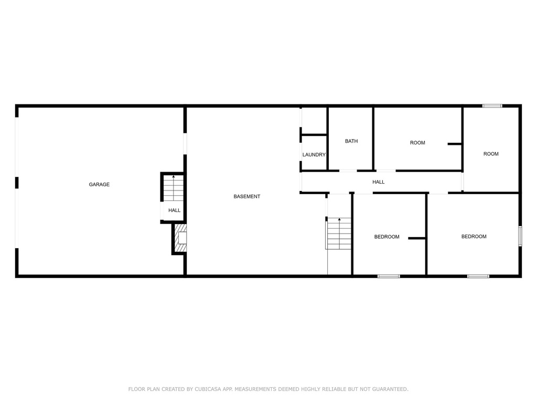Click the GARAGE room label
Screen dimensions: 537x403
[x=99, y=184]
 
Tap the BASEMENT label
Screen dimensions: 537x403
[x=247, y=196]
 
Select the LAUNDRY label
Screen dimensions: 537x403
[x=314, y=155]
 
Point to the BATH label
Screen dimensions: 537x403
[x=351, y=141]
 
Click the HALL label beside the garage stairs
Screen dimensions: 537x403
[x=174, y=210]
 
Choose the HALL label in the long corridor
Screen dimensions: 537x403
[x=379, y=182]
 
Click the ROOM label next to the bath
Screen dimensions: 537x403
[x=417, y=143]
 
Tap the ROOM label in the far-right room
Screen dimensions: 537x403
[x=491, y=154]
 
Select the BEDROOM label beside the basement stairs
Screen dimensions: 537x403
[x=386, y=237]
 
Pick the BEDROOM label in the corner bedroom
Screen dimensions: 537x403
[x=474, y=237]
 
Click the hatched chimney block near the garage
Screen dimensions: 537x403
[x=180, y=238]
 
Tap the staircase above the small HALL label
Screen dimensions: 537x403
[x=173, y=188]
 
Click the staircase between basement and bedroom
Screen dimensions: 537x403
[x=339, y=234]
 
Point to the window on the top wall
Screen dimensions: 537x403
[x=492, y=106]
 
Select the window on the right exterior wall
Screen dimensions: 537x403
[x=520, y=236]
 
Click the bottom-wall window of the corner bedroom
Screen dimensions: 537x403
[x=478, y=276]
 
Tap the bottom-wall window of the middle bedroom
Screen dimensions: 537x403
[x=389, y=276]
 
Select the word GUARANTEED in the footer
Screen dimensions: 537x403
[x=390, y=389]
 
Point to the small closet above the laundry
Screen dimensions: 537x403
[x=314, y=121]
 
